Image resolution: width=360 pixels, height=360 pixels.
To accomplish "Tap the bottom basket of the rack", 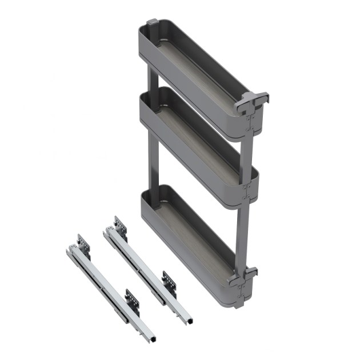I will [x=189, y=240].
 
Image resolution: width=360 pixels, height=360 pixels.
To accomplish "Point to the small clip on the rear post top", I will [x=152, y=24].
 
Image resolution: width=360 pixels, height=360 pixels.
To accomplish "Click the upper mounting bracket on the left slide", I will [x=83, y=243].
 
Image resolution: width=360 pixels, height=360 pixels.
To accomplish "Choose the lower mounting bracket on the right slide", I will [x=169, y=280].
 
